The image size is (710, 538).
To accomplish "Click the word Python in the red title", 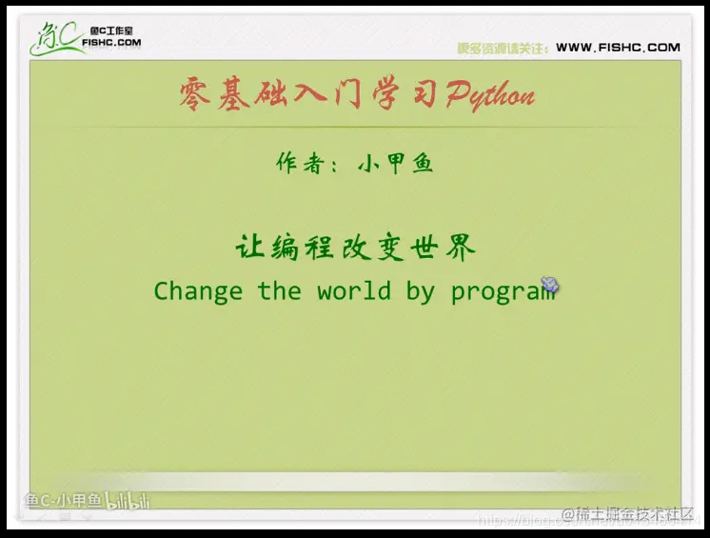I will click(490, 96).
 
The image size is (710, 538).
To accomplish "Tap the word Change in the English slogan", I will click(198, 291).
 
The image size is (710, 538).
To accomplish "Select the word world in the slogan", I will click(354, 291).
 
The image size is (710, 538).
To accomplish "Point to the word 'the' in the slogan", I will click(279, 291).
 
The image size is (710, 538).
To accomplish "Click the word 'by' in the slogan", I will click(420, 291).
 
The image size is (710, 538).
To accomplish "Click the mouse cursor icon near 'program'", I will click(550, 284).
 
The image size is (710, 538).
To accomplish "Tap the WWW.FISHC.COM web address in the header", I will click(618, 48).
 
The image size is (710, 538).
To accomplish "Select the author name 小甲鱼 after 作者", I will click(395, 163).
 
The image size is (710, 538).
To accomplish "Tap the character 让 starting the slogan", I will click(248, 249).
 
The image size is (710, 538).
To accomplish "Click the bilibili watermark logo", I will click(128, 501).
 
